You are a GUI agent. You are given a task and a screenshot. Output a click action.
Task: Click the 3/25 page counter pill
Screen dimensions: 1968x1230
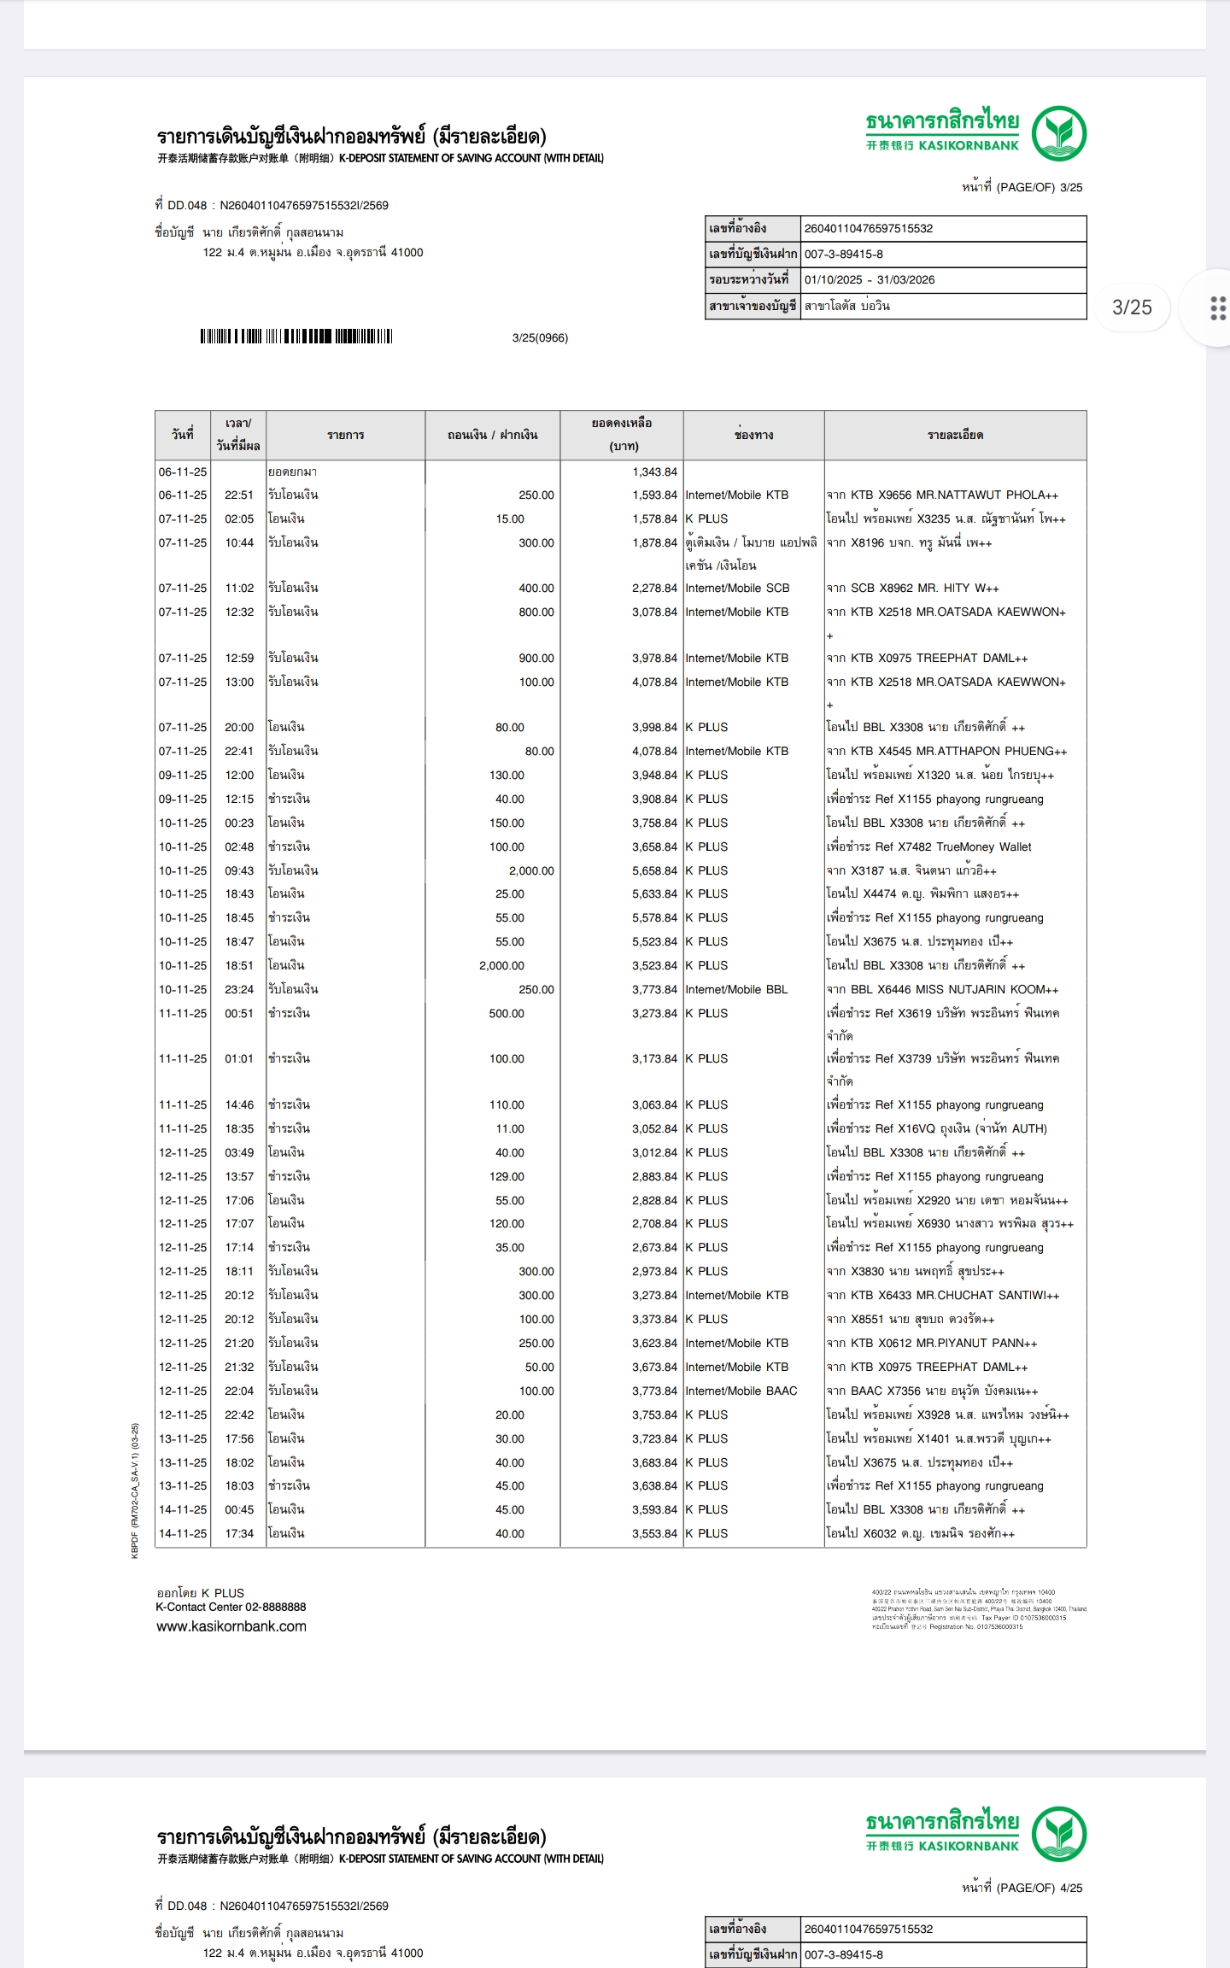tap(1132, 307)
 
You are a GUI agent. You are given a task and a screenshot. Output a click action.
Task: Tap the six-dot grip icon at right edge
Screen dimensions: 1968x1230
tap(1218, 307)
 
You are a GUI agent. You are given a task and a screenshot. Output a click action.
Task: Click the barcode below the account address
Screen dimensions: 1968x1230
tap(296, 337)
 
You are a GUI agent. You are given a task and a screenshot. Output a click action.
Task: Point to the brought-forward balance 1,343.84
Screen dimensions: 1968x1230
tap(654, 471)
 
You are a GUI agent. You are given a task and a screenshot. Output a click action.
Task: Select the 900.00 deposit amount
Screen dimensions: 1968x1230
tap(536, 658)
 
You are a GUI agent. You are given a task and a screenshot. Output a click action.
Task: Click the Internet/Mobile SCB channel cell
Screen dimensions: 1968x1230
tap(737, 588)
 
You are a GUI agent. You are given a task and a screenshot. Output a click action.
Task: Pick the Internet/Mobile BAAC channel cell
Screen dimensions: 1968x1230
tap(741, 1391)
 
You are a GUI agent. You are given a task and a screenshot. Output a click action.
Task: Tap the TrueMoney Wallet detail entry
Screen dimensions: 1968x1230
tap(928, 846)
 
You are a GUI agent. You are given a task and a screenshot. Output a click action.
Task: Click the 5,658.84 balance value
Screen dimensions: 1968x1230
tap(654, 870)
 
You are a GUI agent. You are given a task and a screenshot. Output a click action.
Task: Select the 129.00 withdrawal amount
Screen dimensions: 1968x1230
tap(507, 1176)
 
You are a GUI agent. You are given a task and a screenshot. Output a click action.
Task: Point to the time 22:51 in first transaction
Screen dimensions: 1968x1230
tap(239, 495)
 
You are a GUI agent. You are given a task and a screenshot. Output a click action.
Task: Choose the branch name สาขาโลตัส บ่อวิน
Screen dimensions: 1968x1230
tap(847, 306)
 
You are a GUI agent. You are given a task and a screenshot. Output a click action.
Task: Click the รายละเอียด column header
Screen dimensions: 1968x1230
tap(955, 435)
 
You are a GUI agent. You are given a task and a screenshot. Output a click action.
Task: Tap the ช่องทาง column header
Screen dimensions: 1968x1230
tap(753, 435)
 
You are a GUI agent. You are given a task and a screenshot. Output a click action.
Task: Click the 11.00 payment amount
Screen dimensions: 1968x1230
tap(510, 1128)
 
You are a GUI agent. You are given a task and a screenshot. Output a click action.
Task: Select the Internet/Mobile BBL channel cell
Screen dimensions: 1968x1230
tap(736, 989)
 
